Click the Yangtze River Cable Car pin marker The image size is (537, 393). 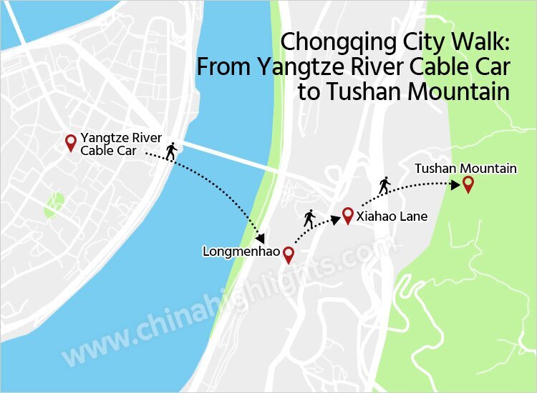click(70, 143)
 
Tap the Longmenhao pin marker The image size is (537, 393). click(289, 254)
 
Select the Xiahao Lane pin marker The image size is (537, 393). click(347, 215)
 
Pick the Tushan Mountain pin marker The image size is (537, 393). click(468, 184)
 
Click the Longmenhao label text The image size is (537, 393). click(241, 252)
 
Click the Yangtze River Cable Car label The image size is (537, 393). click(121, 144)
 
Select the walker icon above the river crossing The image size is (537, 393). click(170, 151)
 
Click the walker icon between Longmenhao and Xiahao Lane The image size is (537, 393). click(309, 219)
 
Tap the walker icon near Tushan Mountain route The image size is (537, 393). click(384, 186)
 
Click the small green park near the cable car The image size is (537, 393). click(54, 205)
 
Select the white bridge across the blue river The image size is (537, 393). click(229, 157)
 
